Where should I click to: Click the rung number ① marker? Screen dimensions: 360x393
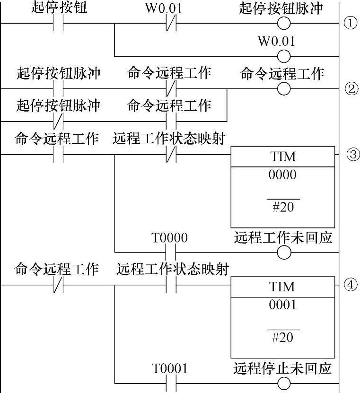tap(350, 23)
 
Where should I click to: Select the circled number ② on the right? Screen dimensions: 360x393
tap(351, 89)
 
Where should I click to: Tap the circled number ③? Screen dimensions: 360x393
tap(353, 154)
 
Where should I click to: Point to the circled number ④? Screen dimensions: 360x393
tap(350, 285)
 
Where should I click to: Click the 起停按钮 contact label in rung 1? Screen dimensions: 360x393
tap(59, 7)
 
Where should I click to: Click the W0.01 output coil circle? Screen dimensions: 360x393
tap(284, 56)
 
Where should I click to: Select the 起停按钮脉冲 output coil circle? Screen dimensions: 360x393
tap(284, 23)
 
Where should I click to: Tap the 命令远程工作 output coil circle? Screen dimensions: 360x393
tap(284, 89)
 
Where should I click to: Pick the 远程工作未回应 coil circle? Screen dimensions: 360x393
tap(284, 253)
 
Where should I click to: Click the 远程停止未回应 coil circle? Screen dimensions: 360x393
tap(284, 384)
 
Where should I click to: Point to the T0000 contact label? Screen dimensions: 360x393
tap(169, 237)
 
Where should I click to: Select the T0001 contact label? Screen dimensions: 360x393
tap(170, 368)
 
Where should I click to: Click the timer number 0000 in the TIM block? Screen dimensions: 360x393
tap(282, 175)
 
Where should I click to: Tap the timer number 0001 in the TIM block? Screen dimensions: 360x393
tap(282, 305)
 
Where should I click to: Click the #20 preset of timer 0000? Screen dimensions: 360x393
tap(283, 207)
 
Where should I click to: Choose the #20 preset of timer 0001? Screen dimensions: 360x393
tap(283, 337)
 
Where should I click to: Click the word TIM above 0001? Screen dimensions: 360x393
tap(282, 287)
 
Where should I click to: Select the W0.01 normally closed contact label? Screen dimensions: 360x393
tap(164, 8)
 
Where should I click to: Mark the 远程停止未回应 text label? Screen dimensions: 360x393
tap(282, 368)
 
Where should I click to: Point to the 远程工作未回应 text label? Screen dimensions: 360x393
tap(283, 237)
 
